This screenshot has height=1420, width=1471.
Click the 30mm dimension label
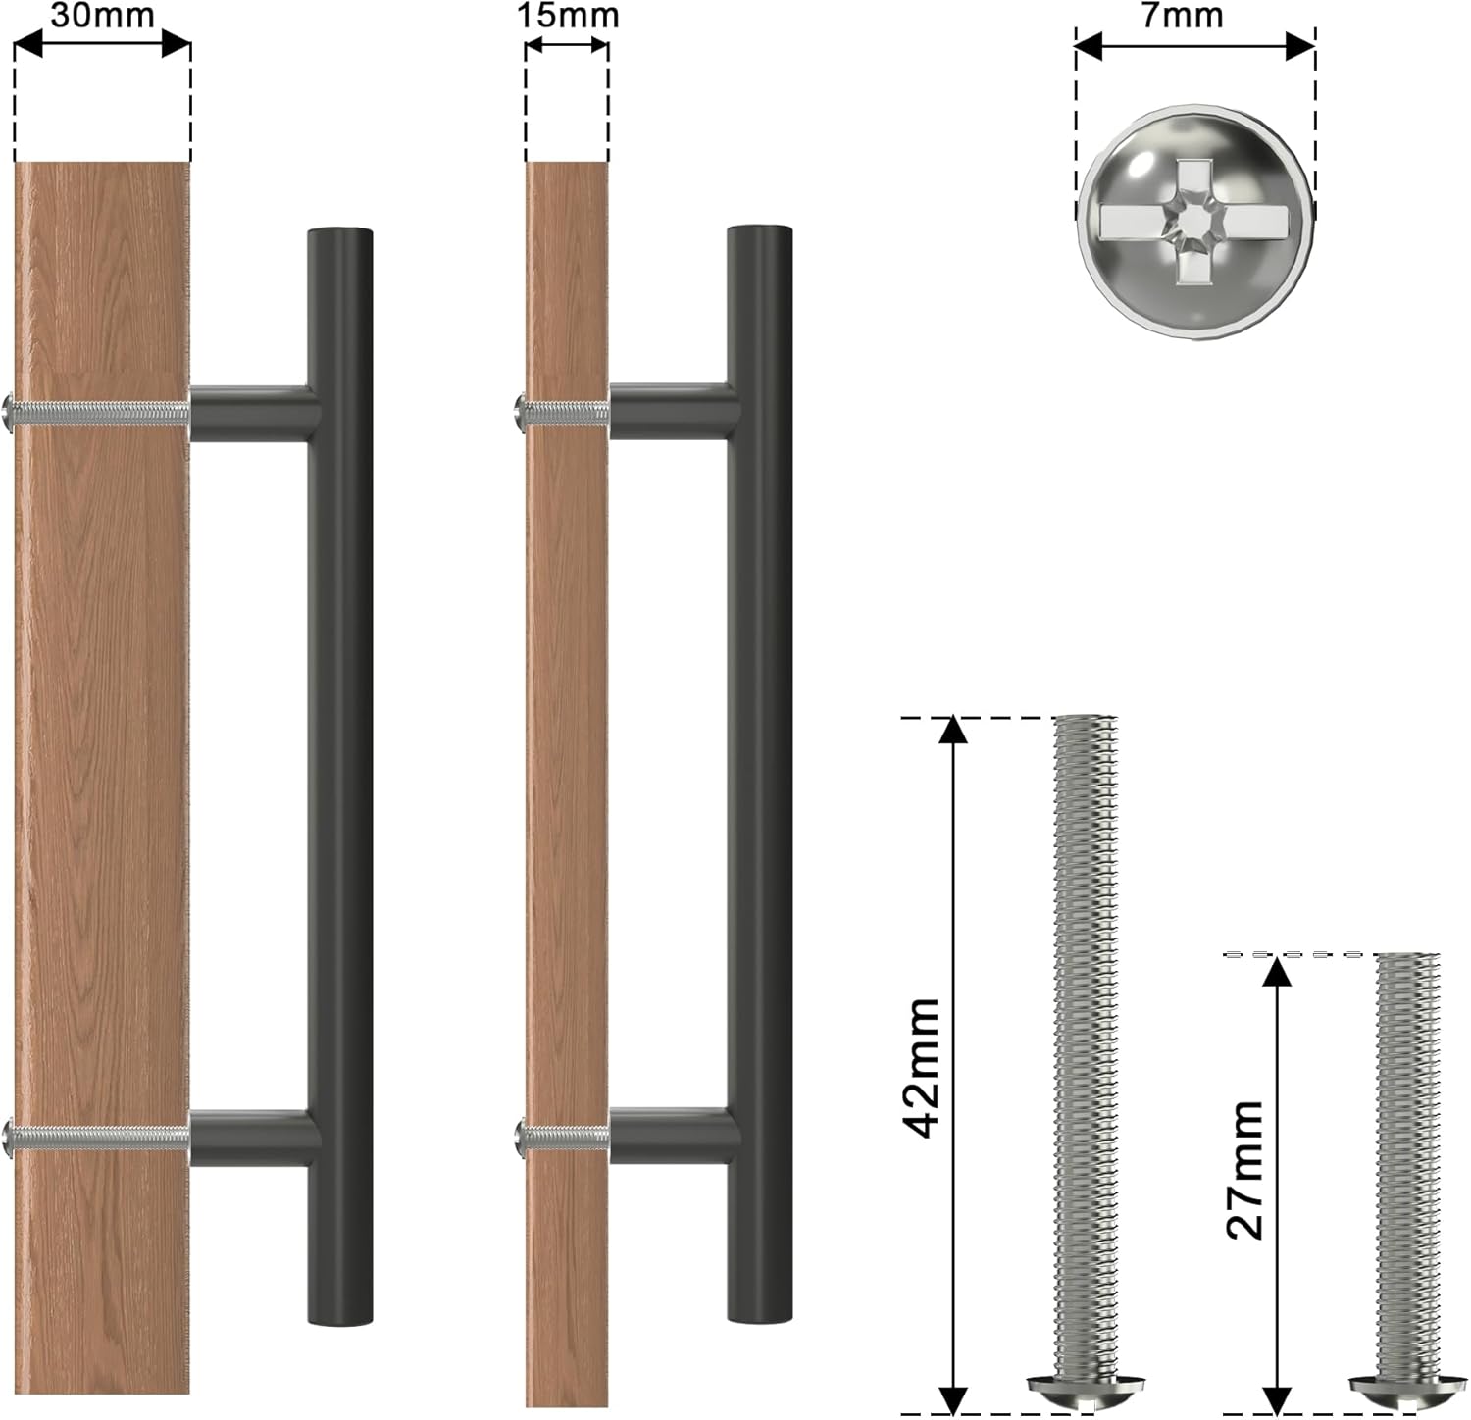coord(102,15)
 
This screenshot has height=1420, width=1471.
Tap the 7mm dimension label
coord(1183,15)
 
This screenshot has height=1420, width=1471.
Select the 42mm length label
coord(922,1068)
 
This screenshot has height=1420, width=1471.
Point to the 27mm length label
coord(1244,1170)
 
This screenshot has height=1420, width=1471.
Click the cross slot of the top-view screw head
coord(1193,221)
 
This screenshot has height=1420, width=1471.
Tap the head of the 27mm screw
coord(1406,1392)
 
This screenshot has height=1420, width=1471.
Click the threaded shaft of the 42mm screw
coord(1085,1045)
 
